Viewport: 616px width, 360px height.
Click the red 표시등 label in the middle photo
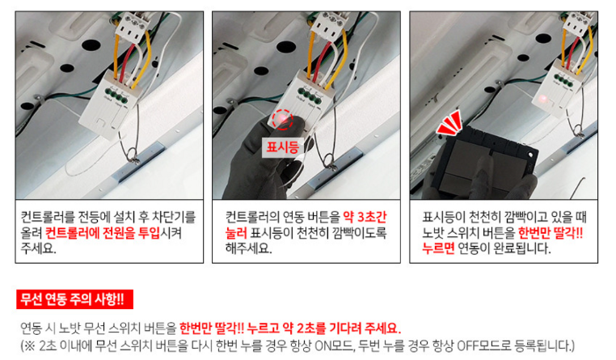click(x=282, y=147)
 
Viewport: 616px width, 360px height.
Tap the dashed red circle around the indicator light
click(x=282, y=119)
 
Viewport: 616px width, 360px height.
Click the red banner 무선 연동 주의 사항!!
click(x=74, y=299)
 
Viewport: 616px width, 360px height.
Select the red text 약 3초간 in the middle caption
click(x=365, y=217)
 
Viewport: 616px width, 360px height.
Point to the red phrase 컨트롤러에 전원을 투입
click(x=103, y=233)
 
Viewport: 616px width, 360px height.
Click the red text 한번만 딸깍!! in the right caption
click(x=551, y=233)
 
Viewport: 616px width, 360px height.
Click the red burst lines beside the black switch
click(x=449, y=123)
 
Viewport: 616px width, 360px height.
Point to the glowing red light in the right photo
click(x=543, y=98)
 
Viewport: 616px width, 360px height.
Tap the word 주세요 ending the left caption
click(x=39, y=249)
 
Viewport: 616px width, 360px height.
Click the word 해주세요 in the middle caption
click(x=248, y=249)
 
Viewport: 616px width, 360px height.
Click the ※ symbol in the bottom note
click(x=30, y=346)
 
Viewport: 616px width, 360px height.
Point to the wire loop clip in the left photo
click(x=132, y=155)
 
